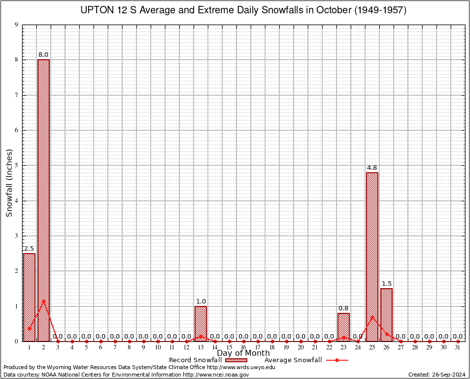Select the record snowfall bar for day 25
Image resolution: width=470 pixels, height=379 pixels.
coord(372,257)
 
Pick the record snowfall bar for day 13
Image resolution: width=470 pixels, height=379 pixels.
coord(201,323)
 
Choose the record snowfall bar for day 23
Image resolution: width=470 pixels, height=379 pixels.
coord(343,327)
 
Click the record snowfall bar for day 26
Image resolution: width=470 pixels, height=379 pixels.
coord(386,314)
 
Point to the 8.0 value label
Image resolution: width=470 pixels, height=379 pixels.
coord(43,55)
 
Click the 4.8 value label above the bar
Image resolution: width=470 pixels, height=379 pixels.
coord(372,168)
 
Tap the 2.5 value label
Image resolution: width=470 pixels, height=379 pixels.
coord(29,249)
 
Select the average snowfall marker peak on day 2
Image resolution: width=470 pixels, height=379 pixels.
coord(43,301)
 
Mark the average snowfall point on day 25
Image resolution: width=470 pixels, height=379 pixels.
coord(372,317)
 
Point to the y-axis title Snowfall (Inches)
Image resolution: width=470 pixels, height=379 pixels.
coord(9,183)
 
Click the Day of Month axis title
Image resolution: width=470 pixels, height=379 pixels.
coord(243,353)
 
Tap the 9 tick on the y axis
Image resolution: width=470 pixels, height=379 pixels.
coord(16,25)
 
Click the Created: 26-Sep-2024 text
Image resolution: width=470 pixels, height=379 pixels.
coord(437,375)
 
